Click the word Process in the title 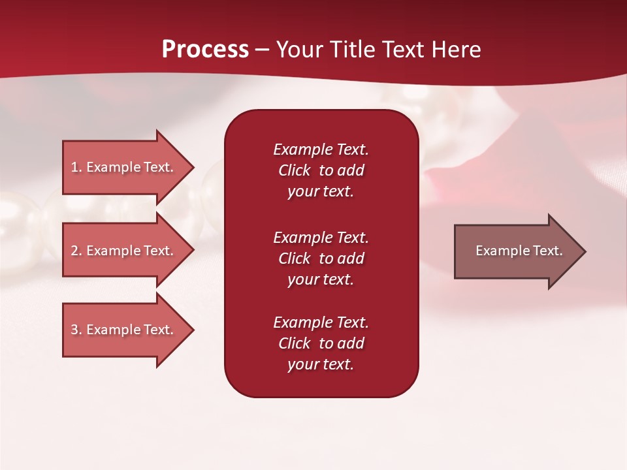(205, 49)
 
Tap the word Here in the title (456, 49)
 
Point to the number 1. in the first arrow (76, 167)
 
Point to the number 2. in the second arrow (76, 251)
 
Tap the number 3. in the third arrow (76, 330)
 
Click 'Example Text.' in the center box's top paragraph (321, 149)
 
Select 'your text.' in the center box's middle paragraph (321, 279)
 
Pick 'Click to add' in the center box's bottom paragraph (321, 343)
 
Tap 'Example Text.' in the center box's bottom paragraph (321, 322)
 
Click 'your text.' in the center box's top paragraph (321, 191)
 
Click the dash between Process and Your (263, 50)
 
